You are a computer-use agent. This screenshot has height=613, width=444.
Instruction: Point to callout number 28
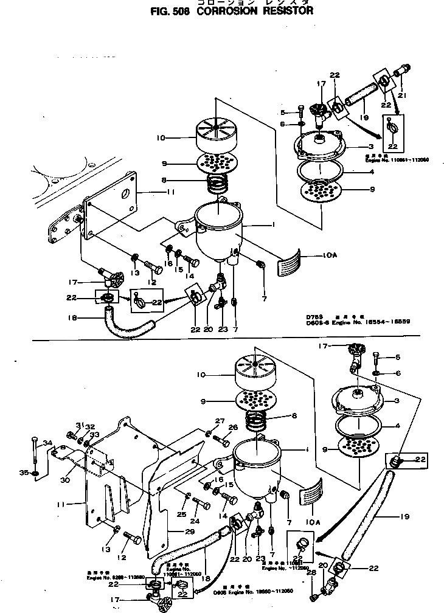click(x=311, y=572)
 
